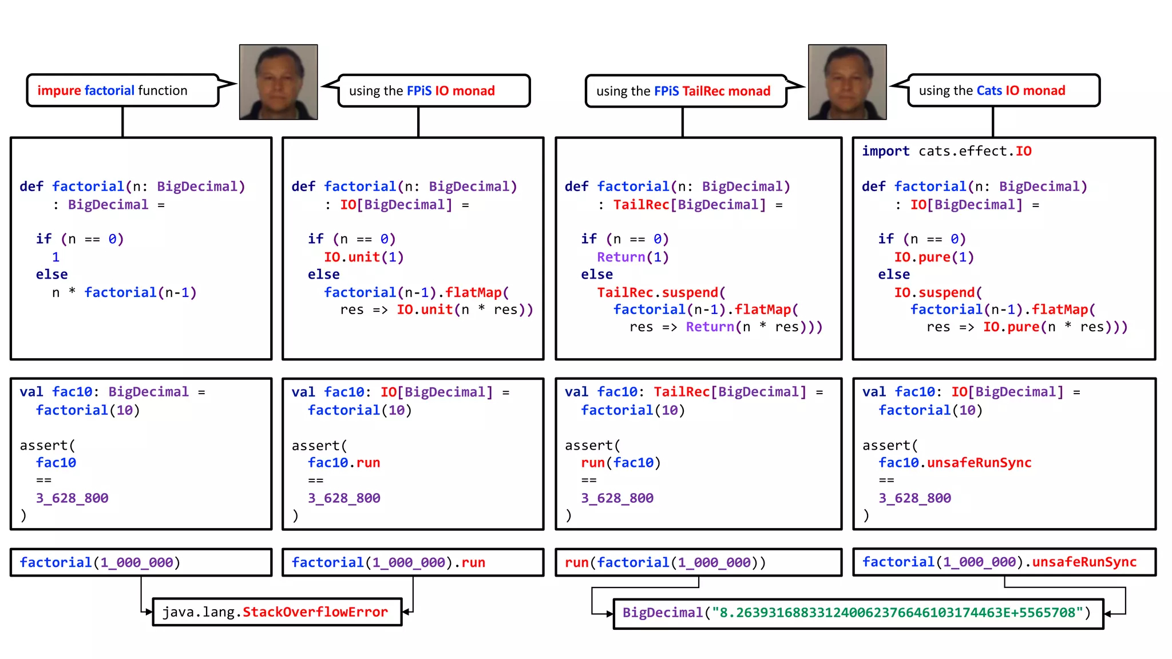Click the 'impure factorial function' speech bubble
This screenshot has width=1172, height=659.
122,90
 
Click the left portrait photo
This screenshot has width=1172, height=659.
278,82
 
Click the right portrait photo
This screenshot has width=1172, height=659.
847,82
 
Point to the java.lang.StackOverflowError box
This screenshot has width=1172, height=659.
277,612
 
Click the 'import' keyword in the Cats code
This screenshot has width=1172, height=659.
885,151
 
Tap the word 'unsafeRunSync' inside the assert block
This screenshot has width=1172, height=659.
979,463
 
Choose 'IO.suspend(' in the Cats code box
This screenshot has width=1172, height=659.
938,292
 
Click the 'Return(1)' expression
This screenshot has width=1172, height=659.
632,257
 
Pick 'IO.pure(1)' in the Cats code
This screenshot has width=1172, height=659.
934,257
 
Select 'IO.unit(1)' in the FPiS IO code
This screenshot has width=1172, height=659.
364,257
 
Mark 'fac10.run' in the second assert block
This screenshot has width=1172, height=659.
344,463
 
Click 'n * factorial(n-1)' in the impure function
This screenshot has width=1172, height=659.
124,292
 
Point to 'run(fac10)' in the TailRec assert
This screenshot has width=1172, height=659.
621,463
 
